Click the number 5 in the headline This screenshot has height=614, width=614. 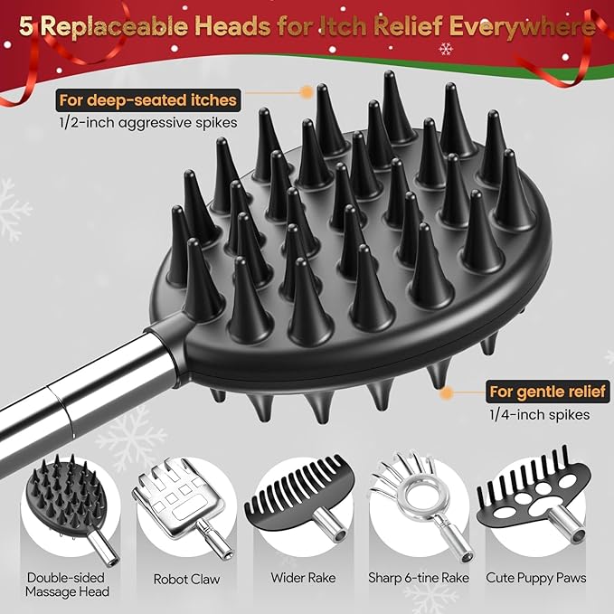coord(26,27)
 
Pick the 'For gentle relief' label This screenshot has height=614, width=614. coord(547,392)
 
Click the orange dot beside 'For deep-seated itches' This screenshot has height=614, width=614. coord(307,91)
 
